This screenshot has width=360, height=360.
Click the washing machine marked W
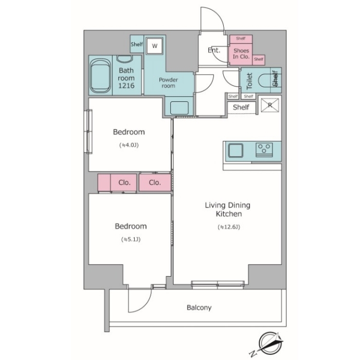click(x=154, y=45)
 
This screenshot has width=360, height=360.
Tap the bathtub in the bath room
click(x=100, y=76)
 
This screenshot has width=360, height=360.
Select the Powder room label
click(x=168, y=83)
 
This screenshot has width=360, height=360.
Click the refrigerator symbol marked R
click(x=270, y=105)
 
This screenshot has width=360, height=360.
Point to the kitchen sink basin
click(x=236, y=150)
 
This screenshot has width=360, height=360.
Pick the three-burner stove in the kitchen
click(x=264, y=150)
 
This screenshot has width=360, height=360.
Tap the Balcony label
click(x=199, y=308)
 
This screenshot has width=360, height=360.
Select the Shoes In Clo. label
click(x=241, y=53)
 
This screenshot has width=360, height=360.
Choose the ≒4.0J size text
click(x=129, y=145)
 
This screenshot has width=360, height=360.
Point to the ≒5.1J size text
click(x=131, y=240)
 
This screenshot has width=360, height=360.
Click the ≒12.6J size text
click(x=229, y=227)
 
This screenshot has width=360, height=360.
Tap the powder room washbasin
click(x=179, y=108)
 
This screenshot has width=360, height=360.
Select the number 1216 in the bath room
click(x=127, y=86)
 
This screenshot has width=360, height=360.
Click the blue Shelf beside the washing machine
click(x=137, y=44)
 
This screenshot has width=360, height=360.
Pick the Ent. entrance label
click(x=214, y=50)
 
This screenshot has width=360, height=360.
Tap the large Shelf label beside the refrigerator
click(x=241, y=107)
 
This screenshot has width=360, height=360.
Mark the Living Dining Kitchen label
click(x=228, y=209)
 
